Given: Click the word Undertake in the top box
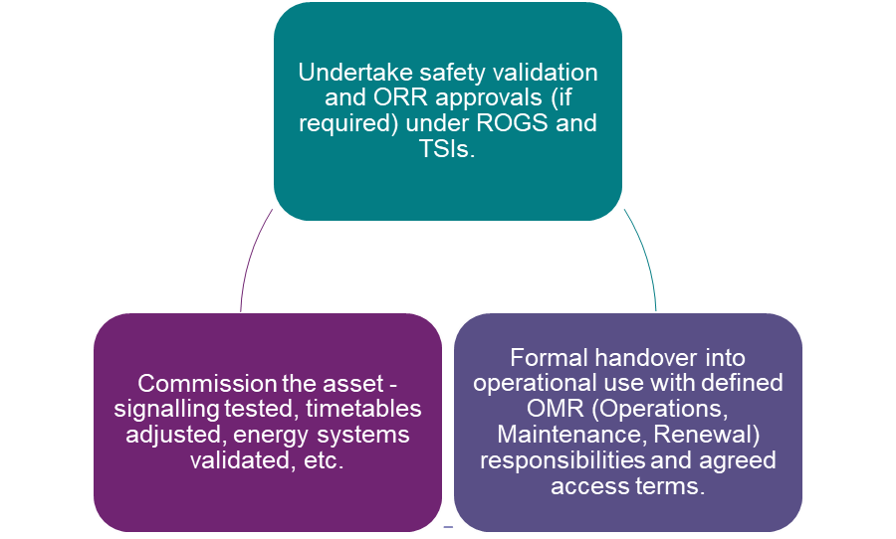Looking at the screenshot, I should (346, 73).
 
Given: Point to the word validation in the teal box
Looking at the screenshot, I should (551, 73).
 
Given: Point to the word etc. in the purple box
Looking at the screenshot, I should (325, 461).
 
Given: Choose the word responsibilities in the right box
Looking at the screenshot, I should (562, 460).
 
